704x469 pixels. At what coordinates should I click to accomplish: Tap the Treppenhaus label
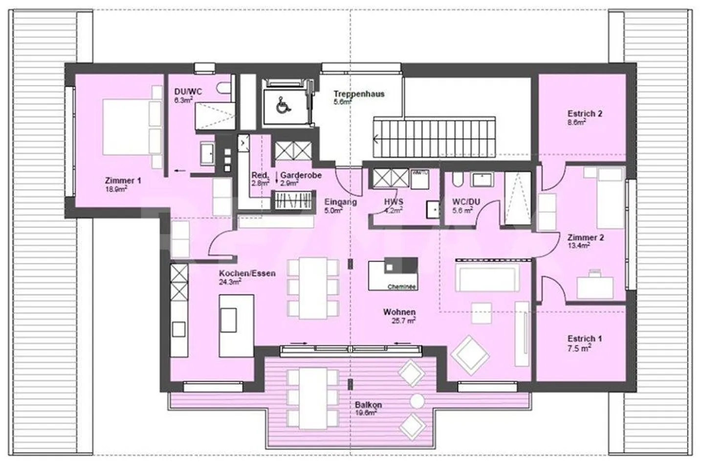point(359,94)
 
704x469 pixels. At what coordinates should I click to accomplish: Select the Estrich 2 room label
point(584,114)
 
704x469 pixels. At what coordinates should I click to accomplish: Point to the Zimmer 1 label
point(123,181)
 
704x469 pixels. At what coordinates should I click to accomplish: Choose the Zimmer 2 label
point(585,238)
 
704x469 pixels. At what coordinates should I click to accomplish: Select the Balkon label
point(368,405)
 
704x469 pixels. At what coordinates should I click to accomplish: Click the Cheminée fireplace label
point(401,287)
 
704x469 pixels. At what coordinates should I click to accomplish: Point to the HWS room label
point(393,202)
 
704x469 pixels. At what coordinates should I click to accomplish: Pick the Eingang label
point(340,202)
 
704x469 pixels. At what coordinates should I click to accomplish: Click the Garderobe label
point(301,175)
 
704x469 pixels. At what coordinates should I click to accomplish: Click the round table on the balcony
point(417,401)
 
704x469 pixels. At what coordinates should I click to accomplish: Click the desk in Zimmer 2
point(594,286)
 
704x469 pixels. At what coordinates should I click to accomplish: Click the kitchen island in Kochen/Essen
point(236,325)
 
